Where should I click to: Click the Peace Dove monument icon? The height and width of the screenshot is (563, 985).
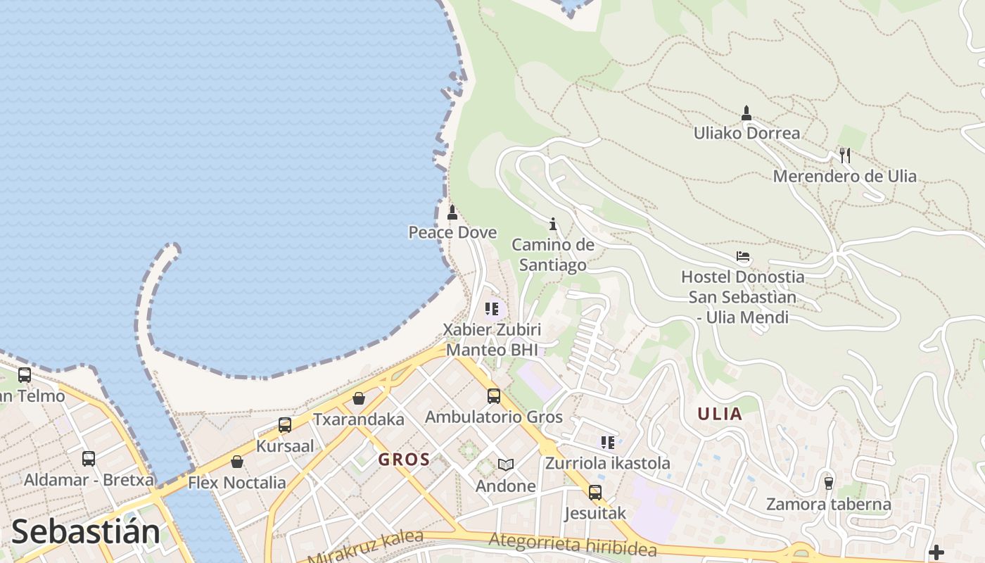(x=452, y=212)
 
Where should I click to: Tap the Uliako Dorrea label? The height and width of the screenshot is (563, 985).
(x=746, y=133)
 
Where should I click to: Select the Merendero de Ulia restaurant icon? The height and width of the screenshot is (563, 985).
(x=845, y=156)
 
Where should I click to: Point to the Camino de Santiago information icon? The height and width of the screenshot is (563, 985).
(x=553, y=224)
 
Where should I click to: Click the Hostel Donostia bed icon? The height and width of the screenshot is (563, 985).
(x=743, y=256)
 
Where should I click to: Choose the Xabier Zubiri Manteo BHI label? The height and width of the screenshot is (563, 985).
(x=492, y=339)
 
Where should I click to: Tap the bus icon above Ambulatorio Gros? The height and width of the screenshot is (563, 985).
(x=494, y=396)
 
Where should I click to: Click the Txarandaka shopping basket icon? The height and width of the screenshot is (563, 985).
(x=359, y=399)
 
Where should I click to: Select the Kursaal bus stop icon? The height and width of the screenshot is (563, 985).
(x=285, y=425)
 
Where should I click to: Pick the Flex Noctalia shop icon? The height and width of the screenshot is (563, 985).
(x=237, y=462)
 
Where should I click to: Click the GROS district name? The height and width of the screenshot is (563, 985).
(x=404, y=460)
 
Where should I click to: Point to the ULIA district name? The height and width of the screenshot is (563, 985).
(x=720, y=414)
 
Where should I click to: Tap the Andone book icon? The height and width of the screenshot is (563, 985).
(x=506, y=464)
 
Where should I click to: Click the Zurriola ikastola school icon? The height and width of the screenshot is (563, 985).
(x=608, y=442)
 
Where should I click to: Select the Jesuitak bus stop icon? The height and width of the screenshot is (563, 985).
(x=595, y=492)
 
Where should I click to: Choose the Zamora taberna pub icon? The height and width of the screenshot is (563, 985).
(x=829, y=483)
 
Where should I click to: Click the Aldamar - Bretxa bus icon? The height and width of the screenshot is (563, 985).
(x=89, y=459)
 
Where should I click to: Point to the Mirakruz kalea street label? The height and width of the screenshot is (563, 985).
(x=366, y=548)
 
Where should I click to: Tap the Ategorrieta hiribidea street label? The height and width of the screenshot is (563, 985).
(x=573, y=545)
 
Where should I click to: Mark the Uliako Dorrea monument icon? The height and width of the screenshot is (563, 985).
(x=746, y=113)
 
